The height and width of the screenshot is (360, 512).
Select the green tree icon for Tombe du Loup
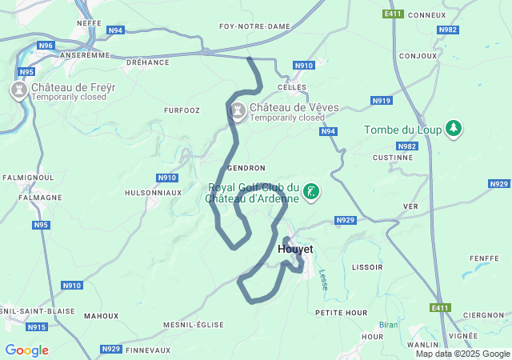point(454,129)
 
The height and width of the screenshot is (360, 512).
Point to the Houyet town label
point(294,249)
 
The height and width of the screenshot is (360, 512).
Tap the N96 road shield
point(46,46)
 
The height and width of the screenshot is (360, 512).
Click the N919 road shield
point(382,100)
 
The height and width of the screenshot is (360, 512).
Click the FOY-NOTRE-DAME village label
point(254,26)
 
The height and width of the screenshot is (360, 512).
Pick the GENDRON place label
point(246,168)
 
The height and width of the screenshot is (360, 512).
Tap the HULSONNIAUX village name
point(153,193)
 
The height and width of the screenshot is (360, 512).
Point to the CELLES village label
point(292,86)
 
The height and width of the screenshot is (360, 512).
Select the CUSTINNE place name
point(392,158)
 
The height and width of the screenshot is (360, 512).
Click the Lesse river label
point(324,279)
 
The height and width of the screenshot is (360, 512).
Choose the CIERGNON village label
point(482,314)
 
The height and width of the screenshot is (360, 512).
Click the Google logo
point(26,350)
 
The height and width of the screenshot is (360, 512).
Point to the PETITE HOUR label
point(341,312)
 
